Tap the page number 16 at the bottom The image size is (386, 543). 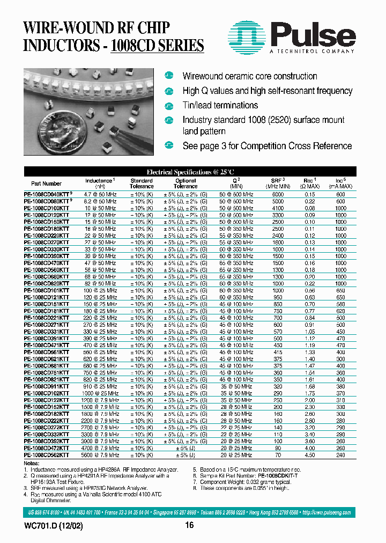(189, 526)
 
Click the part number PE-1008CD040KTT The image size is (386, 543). (46, 193)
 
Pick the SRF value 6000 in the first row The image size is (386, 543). (278, 193)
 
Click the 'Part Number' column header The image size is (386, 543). (46, 184)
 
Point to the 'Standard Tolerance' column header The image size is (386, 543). (142, 184)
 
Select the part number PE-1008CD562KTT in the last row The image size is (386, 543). (46, 454)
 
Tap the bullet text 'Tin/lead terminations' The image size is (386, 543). (220, 105)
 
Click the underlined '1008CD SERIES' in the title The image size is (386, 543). (157, 45)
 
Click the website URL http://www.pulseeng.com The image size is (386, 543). (326, 513)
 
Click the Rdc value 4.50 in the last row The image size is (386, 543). (310, 454)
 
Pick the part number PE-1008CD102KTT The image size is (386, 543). (46, 392)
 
